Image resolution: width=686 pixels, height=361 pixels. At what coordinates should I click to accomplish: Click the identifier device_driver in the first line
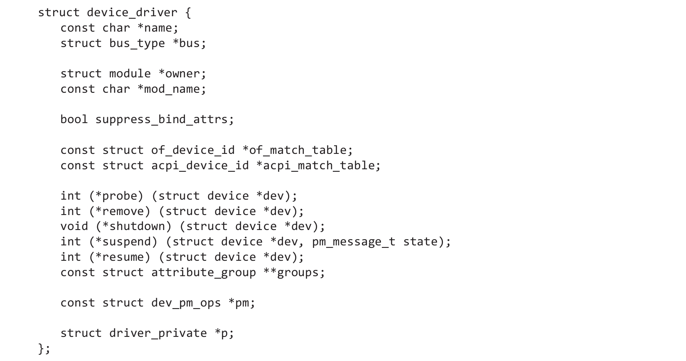point(132,12)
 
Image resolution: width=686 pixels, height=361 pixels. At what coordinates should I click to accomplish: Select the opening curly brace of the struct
point(188,12)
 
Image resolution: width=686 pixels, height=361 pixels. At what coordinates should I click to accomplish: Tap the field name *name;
point(157,28)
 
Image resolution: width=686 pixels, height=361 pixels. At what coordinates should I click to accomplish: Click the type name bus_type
point(137,43)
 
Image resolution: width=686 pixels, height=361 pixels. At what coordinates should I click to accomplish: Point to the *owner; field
point(182,74)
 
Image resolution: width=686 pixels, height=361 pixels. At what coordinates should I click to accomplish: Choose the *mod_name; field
point(172,89)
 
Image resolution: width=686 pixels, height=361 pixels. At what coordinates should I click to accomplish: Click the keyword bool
point(74,119)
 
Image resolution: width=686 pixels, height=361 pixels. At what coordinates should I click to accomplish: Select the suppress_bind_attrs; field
point(165,119)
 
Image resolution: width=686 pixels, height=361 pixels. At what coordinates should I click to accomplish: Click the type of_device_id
point(193,150)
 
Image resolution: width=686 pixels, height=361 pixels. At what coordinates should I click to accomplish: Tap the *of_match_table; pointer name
point(298,150)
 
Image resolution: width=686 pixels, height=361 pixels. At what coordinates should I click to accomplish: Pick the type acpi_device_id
point(200,166)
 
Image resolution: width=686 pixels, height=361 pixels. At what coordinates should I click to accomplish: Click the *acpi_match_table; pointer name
point(318,166)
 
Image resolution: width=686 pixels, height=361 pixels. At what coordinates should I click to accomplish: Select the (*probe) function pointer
point(116,196)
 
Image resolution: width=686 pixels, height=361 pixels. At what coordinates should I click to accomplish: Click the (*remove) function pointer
point(119,211)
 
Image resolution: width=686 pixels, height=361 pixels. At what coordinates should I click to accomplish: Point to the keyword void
point(74,226)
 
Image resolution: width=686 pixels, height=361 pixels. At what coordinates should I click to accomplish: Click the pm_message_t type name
point(354,242)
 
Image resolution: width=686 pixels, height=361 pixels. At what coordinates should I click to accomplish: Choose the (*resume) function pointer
point(119,257)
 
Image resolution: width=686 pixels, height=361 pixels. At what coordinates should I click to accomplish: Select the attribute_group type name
point(203,272)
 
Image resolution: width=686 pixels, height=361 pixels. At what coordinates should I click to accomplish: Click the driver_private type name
point(158,333)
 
